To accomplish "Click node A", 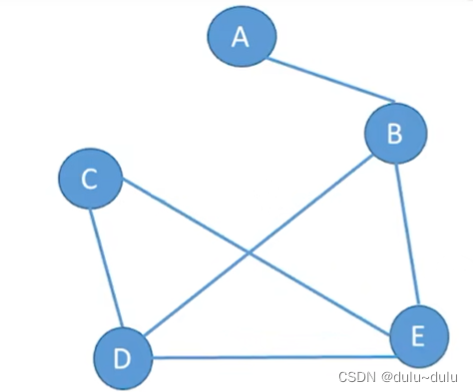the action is click(x=241, y=36).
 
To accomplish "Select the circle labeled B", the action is click(x=396, y=134).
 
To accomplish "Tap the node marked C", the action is click(x=91, y=179).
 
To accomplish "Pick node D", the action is click(x=123, y=358).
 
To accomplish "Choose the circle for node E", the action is click(x=419, y=336).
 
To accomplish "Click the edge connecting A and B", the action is click(x=331, y=80).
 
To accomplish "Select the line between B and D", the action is click(x=258, y=245).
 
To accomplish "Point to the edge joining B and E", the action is click(x=407, y=234).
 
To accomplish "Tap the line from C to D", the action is click(x=107, y=268).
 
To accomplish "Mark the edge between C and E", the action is click(x=256, y=257).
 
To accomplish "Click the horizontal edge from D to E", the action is click(x=274, y=357).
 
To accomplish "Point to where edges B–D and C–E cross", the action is click(x=248, y=253).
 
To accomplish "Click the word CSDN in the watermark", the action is click(x=357, y=377).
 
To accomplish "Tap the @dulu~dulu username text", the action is click(x=420, y=377).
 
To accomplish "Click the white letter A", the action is click(x=240, y=37).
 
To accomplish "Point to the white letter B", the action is click(x=395, y=134).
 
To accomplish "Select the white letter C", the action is click(x=89, y=180).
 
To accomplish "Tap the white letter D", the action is click(x=122, y=359).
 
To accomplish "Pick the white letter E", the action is click(x=418, y=336).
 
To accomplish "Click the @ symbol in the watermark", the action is click(x=387, y=377).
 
